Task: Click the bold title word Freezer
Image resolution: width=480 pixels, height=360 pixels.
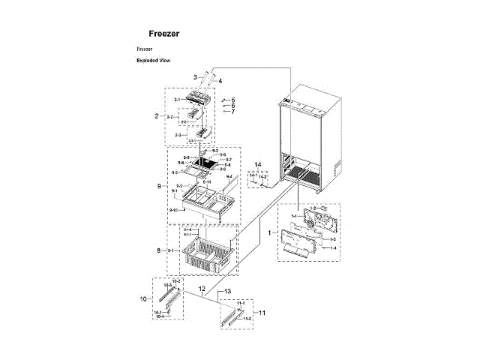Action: click(x=163, y=34)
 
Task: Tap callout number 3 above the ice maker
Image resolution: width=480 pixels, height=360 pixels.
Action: click(x=195, y=76)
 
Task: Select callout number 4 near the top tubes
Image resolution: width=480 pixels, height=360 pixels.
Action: click(x=220, y=80)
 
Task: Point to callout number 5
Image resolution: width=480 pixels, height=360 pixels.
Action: click(x=232, y=100)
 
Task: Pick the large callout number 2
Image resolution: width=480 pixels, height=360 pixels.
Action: click(x=157, y=116)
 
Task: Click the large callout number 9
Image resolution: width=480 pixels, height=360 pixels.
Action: click(x=159, y=185)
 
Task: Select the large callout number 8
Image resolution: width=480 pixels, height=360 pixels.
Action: click(x=159, y=250)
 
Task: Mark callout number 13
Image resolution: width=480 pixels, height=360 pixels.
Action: click(x=228, y=291)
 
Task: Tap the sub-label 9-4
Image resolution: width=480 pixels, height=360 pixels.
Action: click(x=229, y=177)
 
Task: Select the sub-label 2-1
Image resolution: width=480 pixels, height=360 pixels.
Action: click(x=178, y=100)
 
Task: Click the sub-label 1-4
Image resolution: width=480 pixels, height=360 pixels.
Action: click(x=333, y=247)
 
